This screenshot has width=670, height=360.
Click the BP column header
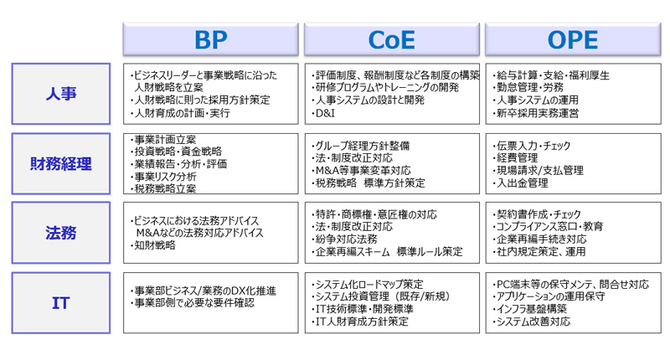point(211,39)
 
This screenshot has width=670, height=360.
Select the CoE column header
point(392,39)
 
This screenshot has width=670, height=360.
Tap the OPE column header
point(573,39)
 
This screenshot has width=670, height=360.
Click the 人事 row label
point(60,94)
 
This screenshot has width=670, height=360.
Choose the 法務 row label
point(60,231)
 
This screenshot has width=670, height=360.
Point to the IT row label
point(60,302)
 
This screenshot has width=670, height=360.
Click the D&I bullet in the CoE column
point(323,113)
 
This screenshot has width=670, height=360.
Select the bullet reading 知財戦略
point(156,245)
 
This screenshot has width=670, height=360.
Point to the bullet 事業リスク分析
point(166,177)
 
